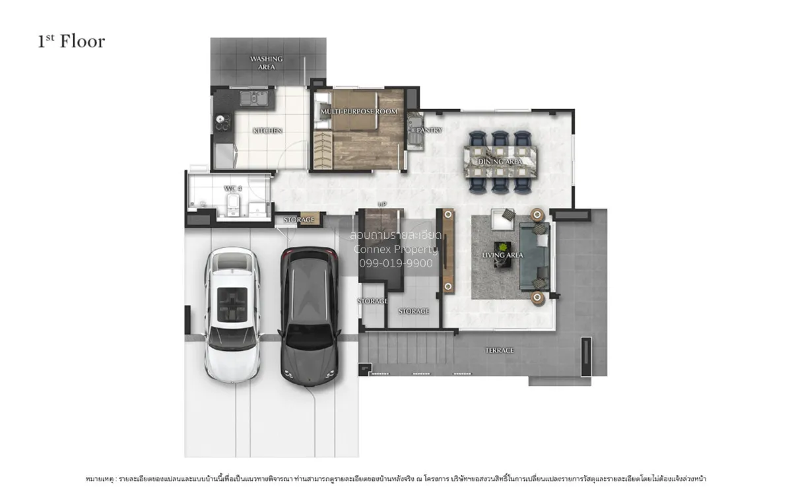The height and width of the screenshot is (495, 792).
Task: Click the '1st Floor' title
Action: pos(71,41)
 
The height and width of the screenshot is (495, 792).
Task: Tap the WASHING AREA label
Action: pos(266,63)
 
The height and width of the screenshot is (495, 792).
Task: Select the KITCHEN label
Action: pos(267,131)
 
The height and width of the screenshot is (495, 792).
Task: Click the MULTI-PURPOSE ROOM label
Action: pos(359,112)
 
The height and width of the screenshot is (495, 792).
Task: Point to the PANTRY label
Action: pos(429,131)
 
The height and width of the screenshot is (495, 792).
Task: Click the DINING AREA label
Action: pos(500,162)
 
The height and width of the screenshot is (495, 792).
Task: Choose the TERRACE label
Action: pos(500,350)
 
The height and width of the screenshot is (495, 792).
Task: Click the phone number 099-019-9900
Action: pos(395,263)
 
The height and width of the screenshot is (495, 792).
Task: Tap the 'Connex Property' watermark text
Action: pos(395,249)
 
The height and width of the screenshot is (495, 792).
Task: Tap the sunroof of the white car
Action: pos(232,301)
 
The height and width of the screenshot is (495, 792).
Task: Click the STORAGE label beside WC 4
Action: pos(299,219)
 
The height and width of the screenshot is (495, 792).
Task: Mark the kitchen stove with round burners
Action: pos(220,123)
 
